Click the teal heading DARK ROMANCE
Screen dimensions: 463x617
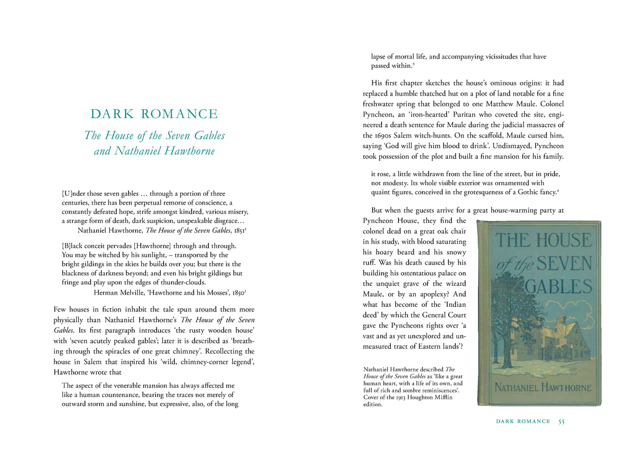[154, 114]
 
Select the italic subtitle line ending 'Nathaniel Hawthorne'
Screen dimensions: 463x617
[154, 151]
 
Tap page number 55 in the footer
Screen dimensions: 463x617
[562, 421]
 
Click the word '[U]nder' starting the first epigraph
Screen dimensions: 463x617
[73, 193]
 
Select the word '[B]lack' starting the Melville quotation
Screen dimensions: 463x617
[73, 246]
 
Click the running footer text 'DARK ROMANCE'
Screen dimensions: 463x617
[523, 421]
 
